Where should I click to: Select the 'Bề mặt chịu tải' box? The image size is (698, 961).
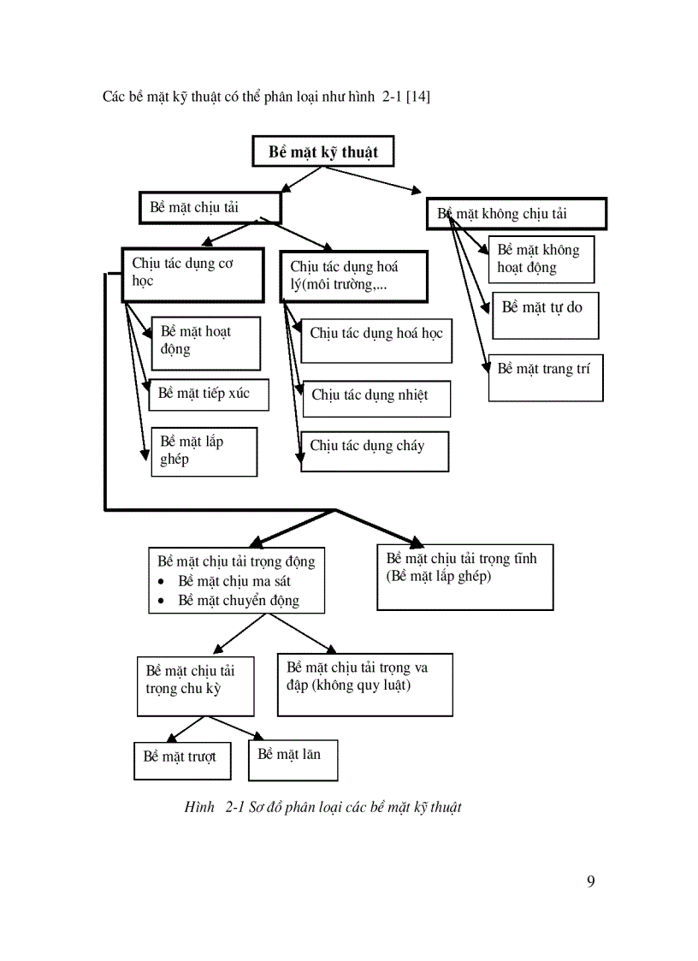click(x=209, y=208)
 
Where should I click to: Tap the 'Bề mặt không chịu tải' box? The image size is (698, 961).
click(x=517, y=214)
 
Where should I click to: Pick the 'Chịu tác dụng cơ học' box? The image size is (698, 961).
click(x=192, y=275)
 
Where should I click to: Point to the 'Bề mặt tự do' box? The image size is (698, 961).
click(x=545, y=315)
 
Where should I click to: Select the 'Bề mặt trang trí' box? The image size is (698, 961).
click(x=546, y=377)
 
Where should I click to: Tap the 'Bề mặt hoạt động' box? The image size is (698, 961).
click(x=205, y=342)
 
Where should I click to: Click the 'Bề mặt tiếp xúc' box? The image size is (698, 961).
click(x=208, y=394)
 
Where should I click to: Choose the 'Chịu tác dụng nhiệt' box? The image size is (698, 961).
click(x=376, y=398)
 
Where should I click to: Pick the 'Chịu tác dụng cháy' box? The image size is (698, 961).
click(x=375, y=450)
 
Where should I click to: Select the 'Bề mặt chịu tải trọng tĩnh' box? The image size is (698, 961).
click(x=464, y=578)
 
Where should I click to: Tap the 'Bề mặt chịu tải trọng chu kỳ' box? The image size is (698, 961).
click(x=195, y=685)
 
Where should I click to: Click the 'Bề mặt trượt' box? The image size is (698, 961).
click(x=182, y=760)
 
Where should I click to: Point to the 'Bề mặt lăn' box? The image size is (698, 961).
click(x=293, y=760)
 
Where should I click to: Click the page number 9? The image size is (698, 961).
click(x=591, y=882)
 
